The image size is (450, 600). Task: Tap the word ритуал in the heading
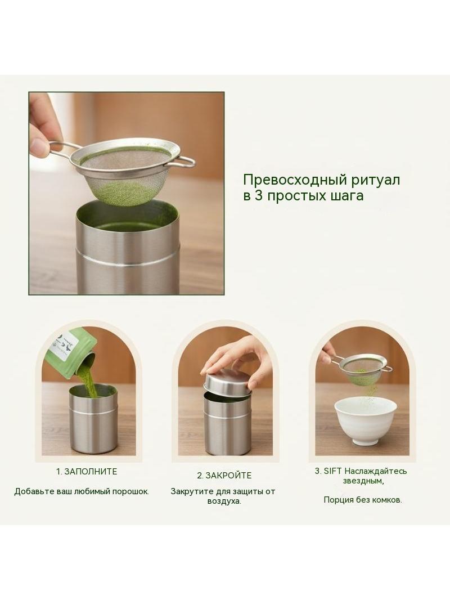(x=376, y=180)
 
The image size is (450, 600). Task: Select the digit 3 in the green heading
(x=258, y=195)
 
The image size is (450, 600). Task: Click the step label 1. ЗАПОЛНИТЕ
(x=87, y=472)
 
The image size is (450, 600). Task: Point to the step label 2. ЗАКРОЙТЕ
(x=224, y=476)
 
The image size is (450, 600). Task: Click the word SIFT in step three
(x=332, y=471)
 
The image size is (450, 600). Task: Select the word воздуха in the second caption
(x=224, y=502)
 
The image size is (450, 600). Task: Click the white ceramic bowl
(x=365, y=420)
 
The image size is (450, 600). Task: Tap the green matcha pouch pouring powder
(x=71, y=352)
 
